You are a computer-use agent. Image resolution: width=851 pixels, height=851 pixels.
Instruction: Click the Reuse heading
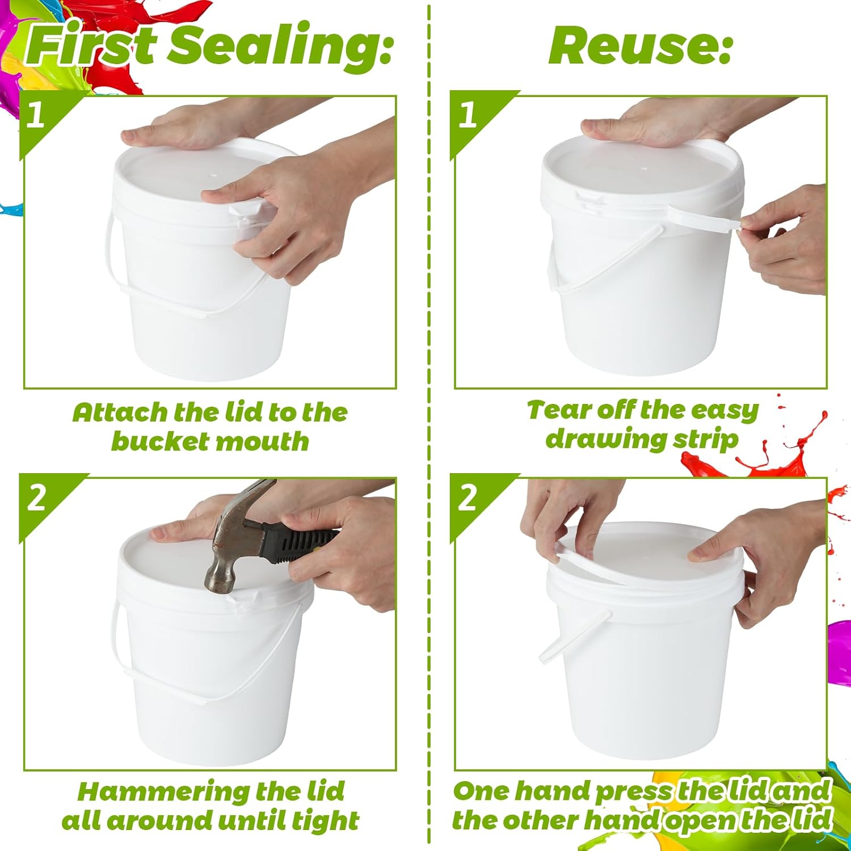(x=640, y=47)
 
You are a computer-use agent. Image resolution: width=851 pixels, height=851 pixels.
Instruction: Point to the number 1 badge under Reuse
(x=467, y=115)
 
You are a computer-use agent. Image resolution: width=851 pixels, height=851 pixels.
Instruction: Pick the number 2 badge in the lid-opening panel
(x=467, y=498)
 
